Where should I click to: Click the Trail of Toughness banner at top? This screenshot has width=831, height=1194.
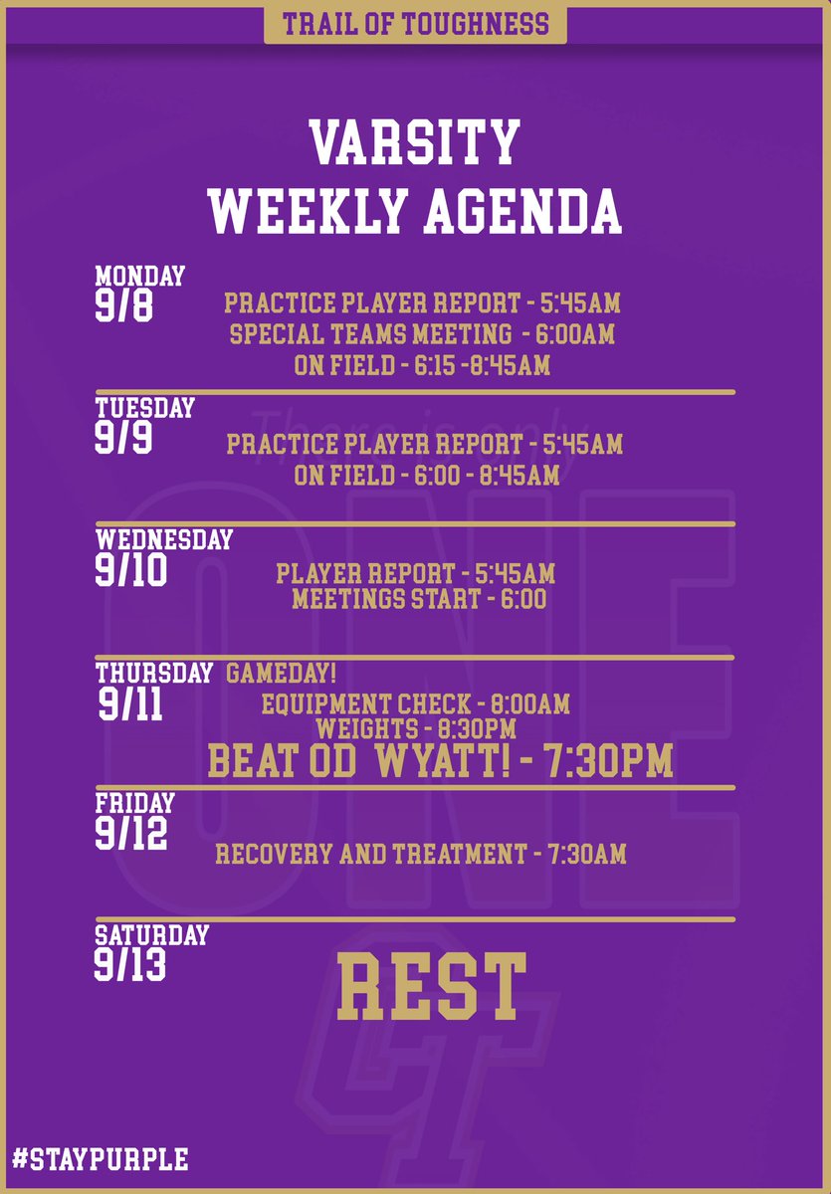(x=415, y=23)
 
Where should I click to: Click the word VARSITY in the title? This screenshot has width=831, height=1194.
(x=414, y=142)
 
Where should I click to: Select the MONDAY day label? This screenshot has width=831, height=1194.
(x=140, y=276)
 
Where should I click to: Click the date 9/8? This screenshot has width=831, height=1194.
(x=124, y=305)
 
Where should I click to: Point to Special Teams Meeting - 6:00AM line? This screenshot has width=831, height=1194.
(x=422, y=334)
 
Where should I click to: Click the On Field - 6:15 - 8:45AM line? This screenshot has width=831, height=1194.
(x=422, y=366)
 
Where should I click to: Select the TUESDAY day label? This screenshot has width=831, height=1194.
(x=144, y=408)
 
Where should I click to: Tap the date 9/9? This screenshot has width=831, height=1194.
(x=124, y=438)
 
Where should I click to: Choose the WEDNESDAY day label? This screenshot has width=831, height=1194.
(x=164, y=539)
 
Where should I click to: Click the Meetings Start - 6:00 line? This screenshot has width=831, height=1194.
(x=419, y=599)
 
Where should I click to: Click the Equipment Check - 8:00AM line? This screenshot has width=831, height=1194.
(x=415, y=705)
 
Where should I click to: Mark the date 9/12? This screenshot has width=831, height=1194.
(x=131, y=834)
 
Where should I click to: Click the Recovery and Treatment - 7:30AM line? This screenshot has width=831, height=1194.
(x=420, y=854)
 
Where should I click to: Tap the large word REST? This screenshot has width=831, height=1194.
(x=431, y=985)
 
